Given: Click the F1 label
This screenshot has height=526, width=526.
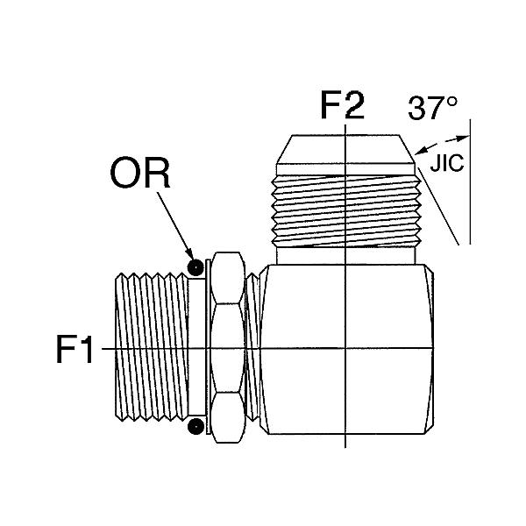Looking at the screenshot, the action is (75, 349).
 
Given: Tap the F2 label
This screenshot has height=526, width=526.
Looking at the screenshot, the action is (342, 105).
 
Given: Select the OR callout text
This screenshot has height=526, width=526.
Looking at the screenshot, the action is (140, 173).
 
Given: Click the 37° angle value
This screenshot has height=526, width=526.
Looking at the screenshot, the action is (432, 108).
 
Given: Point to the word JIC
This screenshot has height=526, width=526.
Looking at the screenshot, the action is (447, 163).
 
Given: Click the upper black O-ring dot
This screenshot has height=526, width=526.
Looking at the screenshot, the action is (195, 267).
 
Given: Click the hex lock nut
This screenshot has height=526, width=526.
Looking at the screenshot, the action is (228, 347).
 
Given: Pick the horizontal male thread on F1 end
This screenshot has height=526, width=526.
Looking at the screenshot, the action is (152, 347).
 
